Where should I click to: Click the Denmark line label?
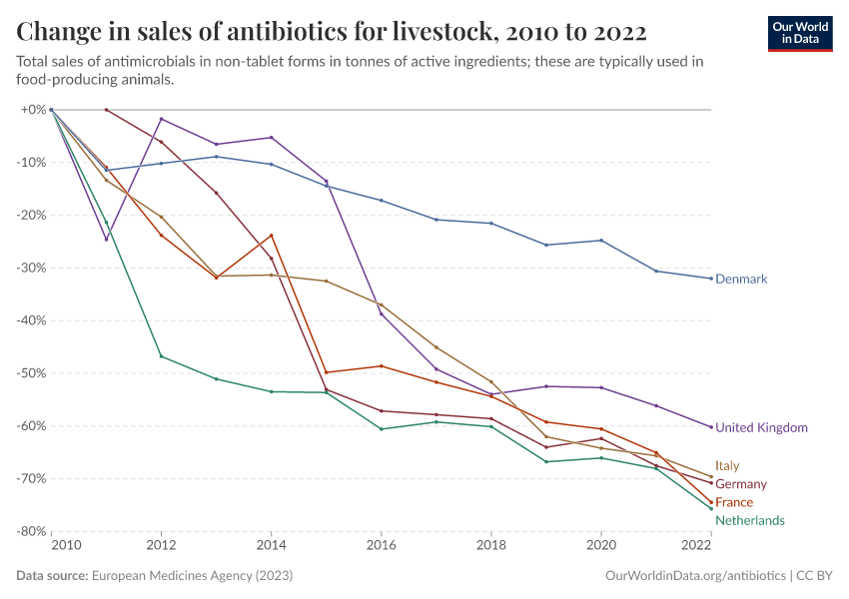[741, 280]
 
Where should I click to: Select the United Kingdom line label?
[761, 427]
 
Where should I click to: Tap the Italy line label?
[727, 466]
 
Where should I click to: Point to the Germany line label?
[741, 484]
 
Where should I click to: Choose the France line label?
[734, 502]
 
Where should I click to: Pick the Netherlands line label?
[749, 520]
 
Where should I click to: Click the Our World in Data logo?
[799, 33]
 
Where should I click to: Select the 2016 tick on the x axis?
[381, 546]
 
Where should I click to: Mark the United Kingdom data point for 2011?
[106, 239]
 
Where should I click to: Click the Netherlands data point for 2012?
[161, 356]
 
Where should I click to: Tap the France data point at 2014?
[271, 236]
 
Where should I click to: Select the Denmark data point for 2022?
[710, 279]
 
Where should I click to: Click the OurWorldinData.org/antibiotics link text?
[695, 576]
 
